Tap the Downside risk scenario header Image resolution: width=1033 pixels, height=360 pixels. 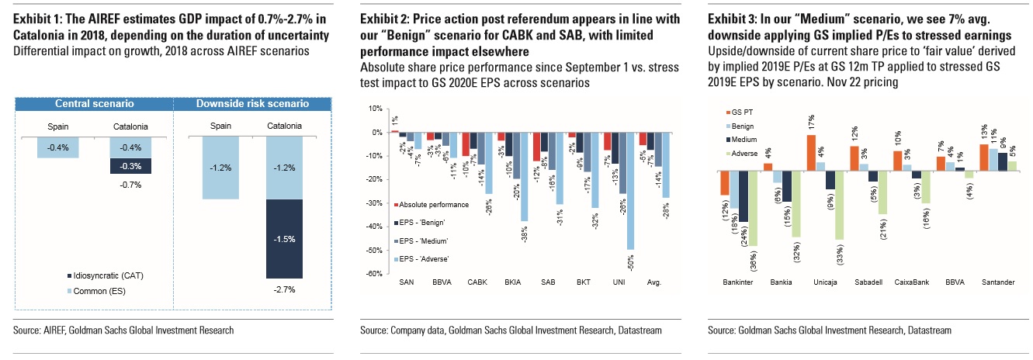click(253, 103)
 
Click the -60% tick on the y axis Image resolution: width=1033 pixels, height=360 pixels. click(374, 274)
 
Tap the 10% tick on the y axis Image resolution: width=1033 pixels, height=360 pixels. click(376, 109)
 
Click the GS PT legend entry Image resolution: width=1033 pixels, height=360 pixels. click(741, 112)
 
